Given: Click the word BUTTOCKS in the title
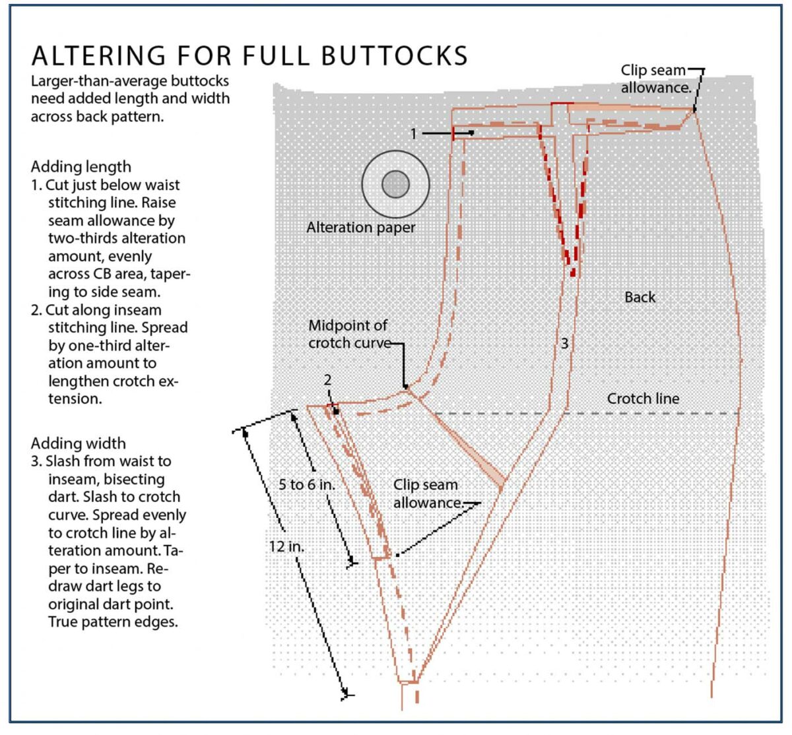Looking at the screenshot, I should [x=394, y=56].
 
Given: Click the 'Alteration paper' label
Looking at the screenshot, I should [x=360, y=228].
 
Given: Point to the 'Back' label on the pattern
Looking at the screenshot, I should [x=640, y=298].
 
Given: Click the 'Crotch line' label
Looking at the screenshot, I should [x=643, y=399].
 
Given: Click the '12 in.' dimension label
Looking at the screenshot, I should [x=286, y=546].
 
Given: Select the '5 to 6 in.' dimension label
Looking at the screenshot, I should [x=307, y=485].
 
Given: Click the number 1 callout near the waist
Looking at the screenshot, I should [x=414, y=134].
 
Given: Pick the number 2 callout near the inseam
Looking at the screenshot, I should [x=327, y=381].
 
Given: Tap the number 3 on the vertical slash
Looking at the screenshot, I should [x=565, y=343].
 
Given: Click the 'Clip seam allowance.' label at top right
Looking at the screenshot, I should [x=654, y=79].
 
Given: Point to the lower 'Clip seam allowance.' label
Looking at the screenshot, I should [x=427, y=494].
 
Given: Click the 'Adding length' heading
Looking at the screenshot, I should [x=81, y=167].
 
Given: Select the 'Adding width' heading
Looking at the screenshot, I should [x=78, y=443].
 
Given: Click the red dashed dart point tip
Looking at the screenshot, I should [x=572, y=272].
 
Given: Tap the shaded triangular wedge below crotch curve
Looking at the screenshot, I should [x=475, y=455].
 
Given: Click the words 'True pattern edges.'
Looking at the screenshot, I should [x=113, y=622].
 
